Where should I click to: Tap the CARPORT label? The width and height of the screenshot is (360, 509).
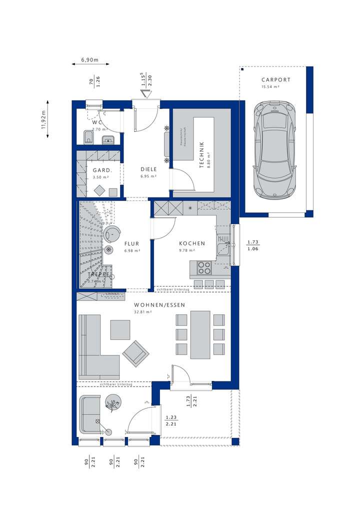click(x=275, y=79)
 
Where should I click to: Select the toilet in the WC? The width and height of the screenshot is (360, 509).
click(x=87, y=136)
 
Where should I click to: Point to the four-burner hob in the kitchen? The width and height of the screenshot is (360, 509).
click(x=204, y=268)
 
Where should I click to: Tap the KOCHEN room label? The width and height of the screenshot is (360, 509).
click(x=192, y=243)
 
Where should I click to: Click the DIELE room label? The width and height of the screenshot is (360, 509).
click(x=148, y=169)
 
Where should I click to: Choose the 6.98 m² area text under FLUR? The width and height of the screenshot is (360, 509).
click(x=132, y=250)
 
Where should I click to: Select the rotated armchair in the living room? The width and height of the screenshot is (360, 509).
click(x=135, y=352)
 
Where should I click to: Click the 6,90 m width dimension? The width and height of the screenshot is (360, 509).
click(x=89, y=60)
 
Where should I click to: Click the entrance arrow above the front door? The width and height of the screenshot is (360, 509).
click(x=146, y=95)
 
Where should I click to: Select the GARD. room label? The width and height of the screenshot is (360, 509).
click(x=101, y=169)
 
